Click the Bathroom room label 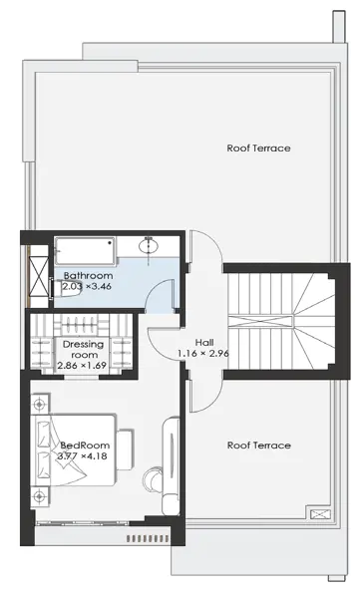point(88,275)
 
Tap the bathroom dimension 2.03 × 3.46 point(87,286)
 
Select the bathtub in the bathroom point(85,251)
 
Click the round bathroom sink point(150,245)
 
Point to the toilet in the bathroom point(64,288)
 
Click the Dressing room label point(83,350)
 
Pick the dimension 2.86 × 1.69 point(82,366)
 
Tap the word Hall point(204,343)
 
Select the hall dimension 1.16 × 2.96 point(203,354)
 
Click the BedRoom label point(85,446)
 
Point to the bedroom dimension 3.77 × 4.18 point(82,455)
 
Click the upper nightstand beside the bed point(40,404)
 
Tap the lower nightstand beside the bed point(39,496)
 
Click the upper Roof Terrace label point(258,148)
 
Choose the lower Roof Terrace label point(259,446)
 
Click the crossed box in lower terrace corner point(318,515)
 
